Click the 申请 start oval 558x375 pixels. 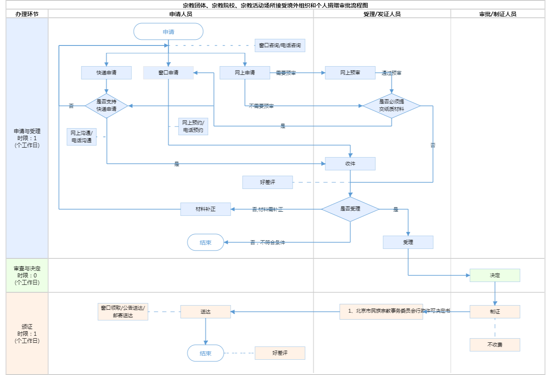coord(168,32)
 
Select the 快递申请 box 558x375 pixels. coord(106,73)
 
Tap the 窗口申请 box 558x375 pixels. coord(168,73)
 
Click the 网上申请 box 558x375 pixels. coord(245,73)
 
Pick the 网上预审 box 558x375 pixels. coord(350,73)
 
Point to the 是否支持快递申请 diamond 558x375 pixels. coord(106,105)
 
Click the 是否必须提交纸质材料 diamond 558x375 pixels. coord(391,105)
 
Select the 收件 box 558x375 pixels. coord(350,164)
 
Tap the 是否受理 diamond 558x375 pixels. coord(350,209)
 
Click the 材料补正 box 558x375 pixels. coord(205,209)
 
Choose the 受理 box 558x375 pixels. coord(408,242)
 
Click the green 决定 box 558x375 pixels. coord(495,275)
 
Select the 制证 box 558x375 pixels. coord(495,312)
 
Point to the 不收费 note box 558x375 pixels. coord(495,345)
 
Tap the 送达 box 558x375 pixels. coord(205,312)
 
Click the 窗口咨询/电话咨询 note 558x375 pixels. coord(280,45)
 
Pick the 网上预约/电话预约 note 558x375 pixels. coord(193,127)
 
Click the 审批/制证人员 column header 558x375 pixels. coord(498,14)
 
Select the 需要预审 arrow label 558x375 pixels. coord(286,73)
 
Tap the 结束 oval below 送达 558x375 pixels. coord(205,354)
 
